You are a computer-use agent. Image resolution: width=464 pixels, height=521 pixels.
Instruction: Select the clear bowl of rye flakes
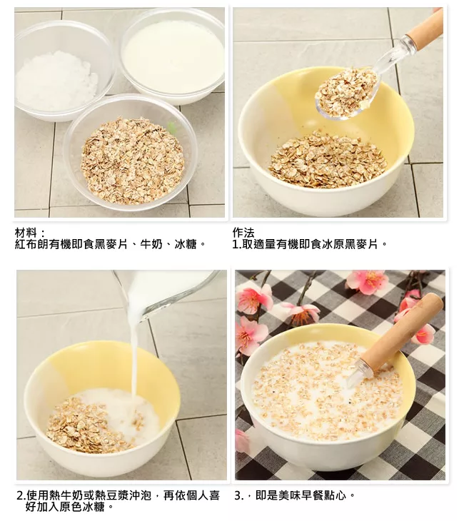coord(131,153)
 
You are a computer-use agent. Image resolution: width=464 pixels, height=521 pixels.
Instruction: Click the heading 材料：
coord(29,233)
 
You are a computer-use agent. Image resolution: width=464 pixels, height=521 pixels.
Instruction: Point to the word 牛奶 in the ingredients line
coord(151,244)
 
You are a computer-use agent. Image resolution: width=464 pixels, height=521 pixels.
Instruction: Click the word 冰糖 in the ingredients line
coord(186,244)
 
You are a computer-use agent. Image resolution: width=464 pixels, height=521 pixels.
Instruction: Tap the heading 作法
coord(243,233)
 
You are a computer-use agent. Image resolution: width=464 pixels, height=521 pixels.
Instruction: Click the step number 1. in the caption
coord(237,245)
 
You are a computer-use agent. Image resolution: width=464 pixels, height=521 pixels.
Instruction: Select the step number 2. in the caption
coord(21,496)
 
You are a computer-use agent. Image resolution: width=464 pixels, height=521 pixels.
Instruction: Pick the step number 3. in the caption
coord(238,496)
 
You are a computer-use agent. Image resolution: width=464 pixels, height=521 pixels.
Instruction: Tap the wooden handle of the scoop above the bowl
coord(425,29)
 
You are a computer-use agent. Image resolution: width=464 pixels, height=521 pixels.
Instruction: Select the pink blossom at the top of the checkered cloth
coord(367,280)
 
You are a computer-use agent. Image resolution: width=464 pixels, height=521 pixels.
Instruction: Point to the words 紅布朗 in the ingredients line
coord(32,244)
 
